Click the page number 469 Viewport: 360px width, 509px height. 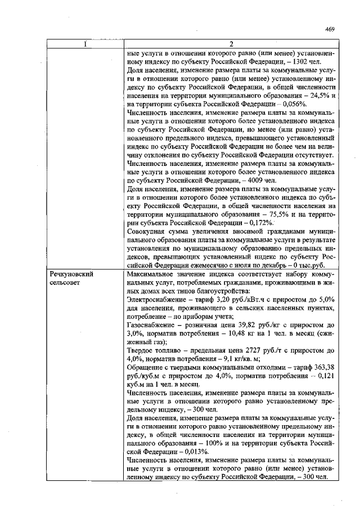point(331,30)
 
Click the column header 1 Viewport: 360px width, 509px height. point(85,44)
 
